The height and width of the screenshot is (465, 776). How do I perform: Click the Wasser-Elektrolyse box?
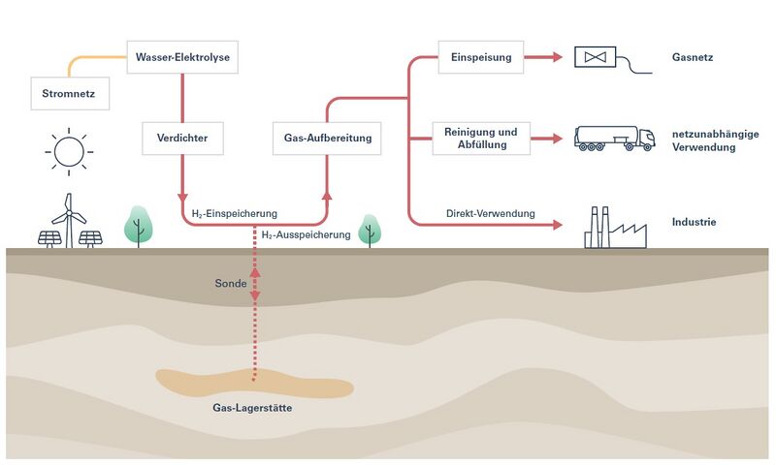tap(182, 56)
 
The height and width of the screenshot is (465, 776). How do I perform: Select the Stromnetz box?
tap(68, 95)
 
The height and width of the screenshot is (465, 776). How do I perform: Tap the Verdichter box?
tap(182, 138)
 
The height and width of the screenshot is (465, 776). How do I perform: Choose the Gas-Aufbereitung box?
tap(328, 138)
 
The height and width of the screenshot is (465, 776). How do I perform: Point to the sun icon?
tap(69, 151)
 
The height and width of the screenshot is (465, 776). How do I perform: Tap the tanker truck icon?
tap(614, 138)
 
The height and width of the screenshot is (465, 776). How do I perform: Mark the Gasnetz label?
tap(692, 57)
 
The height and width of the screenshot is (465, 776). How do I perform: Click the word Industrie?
tap(694, 223)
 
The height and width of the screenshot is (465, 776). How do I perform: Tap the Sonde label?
tap(230, 285)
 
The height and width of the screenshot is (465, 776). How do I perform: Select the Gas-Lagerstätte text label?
tap(252, 408)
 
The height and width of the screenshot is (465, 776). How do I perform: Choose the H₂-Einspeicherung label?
tap(229, 212)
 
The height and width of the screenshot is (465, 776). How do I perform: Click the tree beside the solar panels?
tap(138, 225)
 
